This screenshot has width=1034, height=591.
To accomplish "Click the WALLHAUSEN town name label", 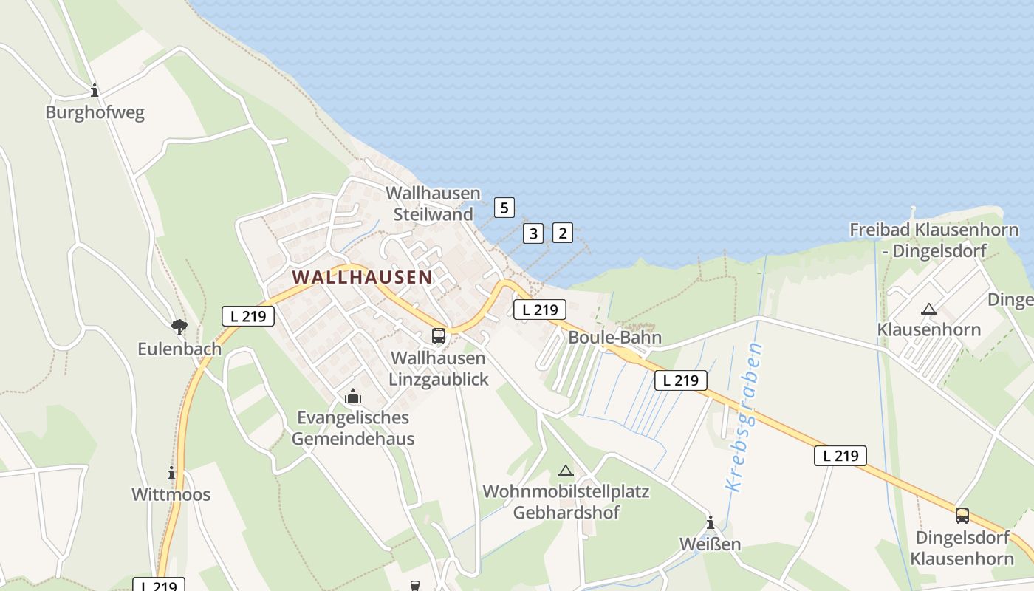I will coord(362,277).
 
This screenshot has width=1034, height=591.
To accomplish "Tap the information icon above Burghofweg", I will coord(95,91).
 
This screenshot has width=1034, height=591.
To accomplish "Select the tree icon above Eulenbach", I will coord(179,327).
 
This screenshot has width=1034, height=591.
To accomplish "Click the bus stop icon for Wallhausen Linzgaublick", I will coord(439,336).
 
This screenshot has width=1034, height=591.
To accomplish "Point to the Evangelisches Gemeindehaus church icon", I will coord(353,397).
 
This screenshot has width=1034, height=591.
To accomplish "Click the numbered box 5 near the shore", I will coord(504,208).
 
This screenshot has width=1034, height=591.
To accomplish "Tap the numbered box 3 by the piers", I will coord(533,233).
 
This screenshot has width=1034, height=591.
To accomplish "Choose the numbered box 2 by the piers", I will coord(563,233).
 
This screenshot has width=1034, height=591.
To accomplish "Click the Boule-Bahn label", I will coord(614,338).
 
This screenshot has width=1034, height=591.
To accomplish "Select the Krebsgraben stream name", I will coord(744,417).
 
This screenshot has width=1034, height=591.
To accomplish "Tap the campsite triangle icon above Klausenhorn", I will coord(929,309).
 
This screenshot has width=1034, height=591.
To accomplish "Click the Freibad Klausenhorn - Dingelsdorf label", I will coord(934,240).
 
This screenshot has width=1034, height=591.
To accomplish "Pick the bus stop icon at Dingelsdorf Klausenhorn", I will coord(962,516).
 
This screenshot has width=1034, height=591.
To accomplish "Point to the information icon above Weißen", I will coord(711,523).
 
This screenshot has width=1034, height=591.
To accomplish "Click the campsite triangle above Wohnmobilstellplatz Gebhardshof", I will coord(565,471).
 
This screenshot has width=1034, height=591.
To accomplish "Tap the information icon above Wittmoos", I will coord(171,473).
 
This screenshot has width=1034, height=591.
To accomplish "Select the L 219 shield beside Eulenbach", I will coord(248,316).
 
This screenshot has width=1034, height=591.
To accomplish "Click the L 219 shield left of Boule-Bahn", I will coord(540,310).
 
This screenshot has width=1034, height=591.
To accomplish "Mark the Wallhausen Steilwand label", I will coord(433,204).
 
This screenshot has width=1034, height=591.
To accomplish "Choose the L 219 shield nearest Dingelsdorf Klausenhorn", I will coord(840,455).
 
